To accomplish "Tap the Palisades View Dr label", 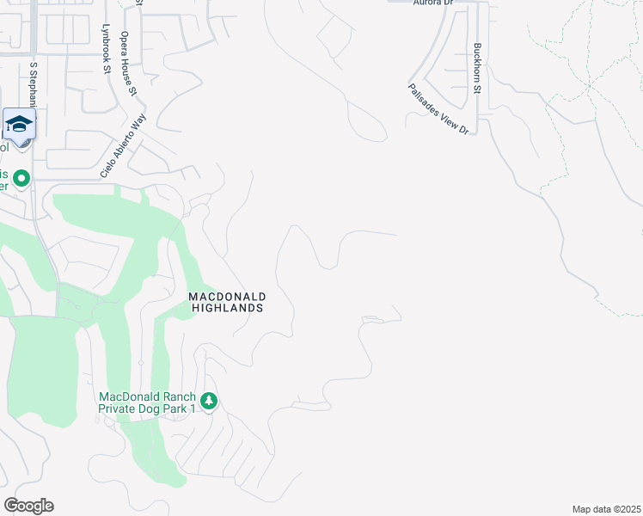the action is [438, 108].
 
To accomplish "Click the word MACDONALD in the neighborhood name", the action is [226, 296].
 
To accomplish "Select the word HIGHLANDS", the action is [226, 307].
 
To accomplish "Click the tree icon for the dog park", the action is [208, 401].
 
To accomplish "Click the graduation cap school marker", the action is [19, 126].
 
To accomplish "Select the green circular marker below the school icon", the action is [22, 179].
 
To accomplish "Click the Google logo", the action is [28, 506].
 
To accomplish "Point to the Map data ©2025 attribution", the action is [605, 509].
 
